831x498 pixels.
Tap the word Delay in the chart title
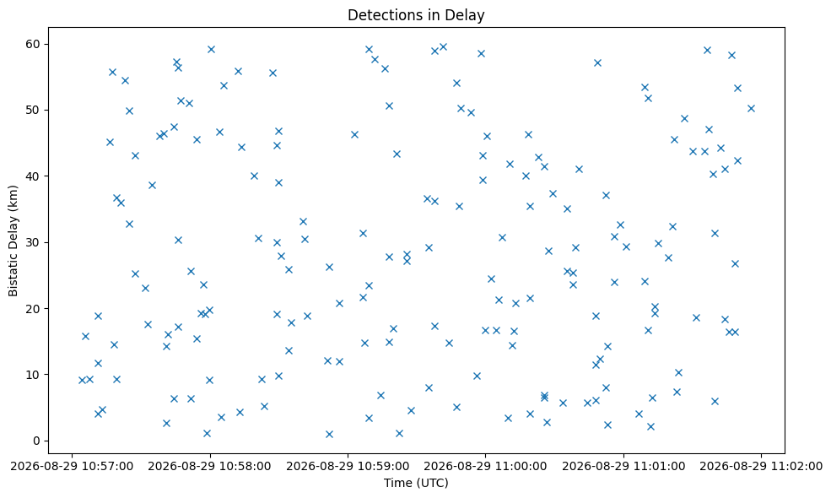(x=468, y=15)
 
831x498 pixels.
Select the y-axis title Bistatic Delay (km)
(x=13, y=241)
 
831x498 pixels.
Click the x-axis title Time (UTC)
(x=416, y=483)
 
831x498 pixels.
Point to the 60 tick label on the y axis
(x=34, y=44)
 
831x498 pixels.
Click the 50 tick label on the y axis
(x=34, y=110)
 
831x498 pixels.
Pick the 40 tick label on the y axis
(x=34, y=176)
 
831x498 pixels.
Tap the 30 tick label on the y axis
(x=34, y=242)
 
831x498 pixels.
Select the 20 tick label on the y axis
(x=34, y=308)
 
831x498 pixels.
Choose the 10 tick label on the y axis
(x=34, y=375)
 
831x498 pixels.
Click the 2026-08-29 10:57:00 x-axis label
(x=72, y=466)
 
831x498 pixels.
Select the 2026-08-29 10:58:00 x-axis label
(x=210, y=466)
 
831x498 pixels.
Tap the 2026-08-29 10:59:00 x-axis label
(x=348, y=466)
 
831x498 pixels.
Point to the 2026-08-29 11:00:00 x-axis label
(x=485, y=466)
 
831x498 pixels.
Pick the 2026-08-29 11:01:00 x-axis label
(x=623, y=466)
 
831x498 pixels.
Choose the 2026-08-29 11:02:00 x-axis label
(x=761, y=466)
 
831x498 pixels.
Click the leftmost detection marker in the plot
(x=82, y=381)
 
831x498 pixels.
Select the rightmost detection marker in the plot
(x=751, y=109)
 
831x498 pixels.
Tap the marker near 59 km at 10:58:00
(x=211, y=49)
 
